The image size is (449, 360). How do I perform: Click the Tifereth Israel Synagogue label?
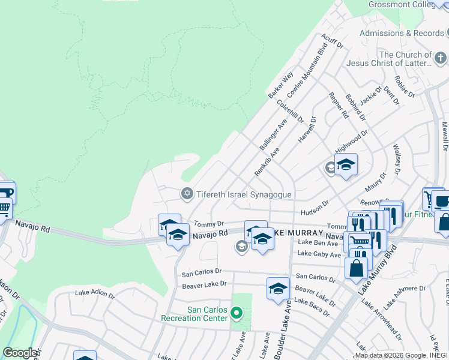pyautogui.click(x=244, y=194)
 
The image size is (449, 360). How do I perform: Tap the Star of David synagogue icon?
pyautogui.click(x=187, y=193)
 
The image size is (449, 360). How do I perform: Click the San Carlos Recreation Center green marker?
pyautogui.click(x=237, y=313)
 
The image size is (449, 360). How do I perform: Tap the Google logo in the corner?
pyautogui.click(x=20, y=353)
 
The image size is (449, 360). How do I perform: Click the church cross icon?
pyautogui.click(x=441, y=59)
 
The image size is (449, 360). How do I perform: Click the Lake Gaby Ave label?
pyautogui.click(x=319, y=254)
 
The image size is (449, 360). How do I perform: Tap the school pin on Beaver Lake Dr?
pyautogui.click(x=278, y=289)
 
